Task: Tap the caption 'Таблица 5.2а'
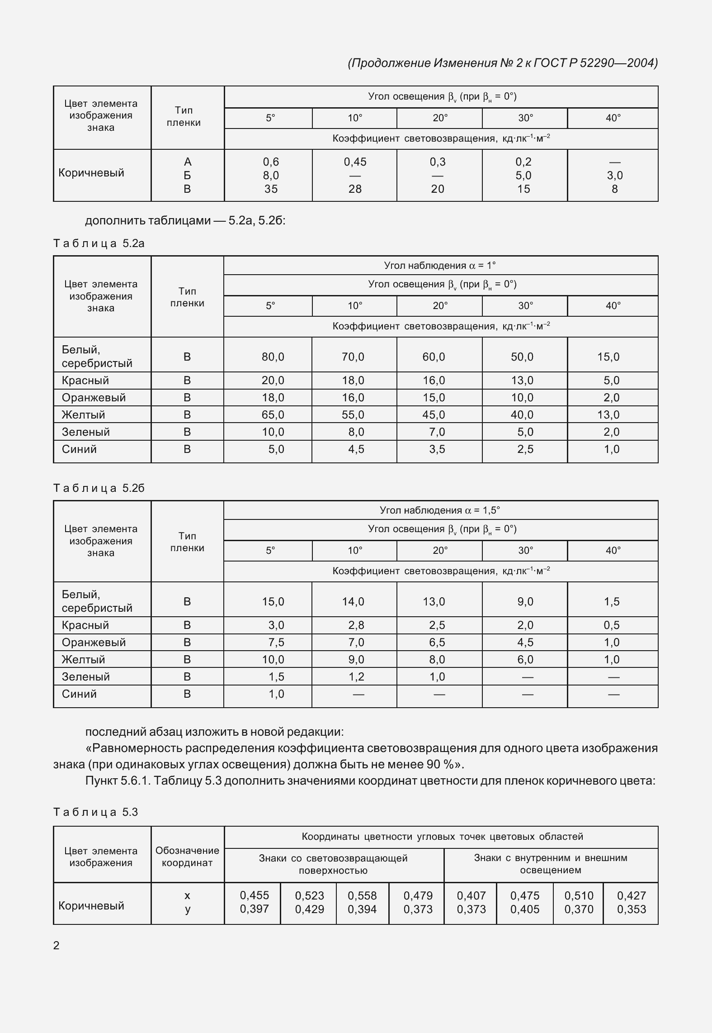(99, 243)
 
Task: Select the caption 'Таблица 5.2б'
(99, 488)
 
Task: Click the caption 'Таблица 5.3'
(95, 812)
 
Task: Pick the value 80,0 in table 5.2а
(273, 357)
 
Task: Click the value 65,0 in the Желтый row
(273, 415)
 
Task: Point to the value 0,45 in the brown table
(355, 162)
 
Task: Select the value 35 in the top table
(271, 189)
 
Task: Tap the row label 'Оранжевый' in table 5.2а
(94, 398)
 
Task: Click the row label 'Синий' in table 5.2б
(79, 694)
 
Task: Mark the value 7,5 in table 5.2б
(276, 643)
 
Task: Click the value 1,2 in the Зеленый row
(356, 677)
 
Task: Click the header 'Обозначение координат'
(187, 857)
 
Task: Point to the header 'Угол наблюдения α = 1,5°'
(440, 510)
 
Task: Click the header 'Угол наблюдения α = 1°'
(440, 266)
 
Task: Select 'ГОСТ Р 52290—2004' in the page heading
(595, 63)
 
